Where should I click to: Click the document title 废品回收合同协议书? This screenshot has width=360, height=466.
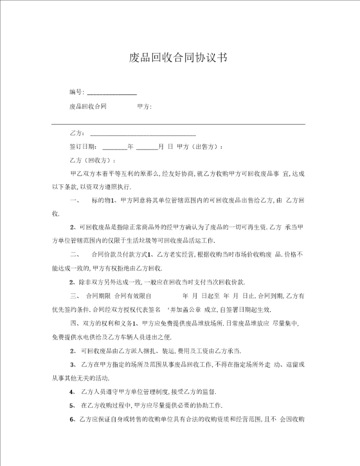(x=178, y=58)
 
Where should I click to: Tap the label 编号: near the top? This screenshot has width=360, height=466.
(x=76, y=91)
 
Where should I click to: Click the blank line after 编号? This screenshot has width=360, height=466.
(x=112, y=93)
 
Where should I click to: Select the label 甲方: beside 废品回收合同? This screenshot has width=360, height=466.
(x=144, y=106)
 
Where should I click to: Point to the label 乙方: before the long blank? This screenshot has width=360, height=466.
(x=76, y=133)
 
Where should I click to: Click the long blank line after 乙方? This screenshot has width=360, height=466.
(x=142, y=135)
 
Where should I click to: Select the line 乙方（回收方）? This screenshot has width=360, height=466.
(x=92, y=160)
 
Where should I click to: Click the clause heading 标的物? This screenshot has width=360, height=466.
(x=100, y=200)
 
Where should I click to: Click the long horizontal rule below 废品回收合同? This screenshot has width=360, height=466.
(x=178, y=123)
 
